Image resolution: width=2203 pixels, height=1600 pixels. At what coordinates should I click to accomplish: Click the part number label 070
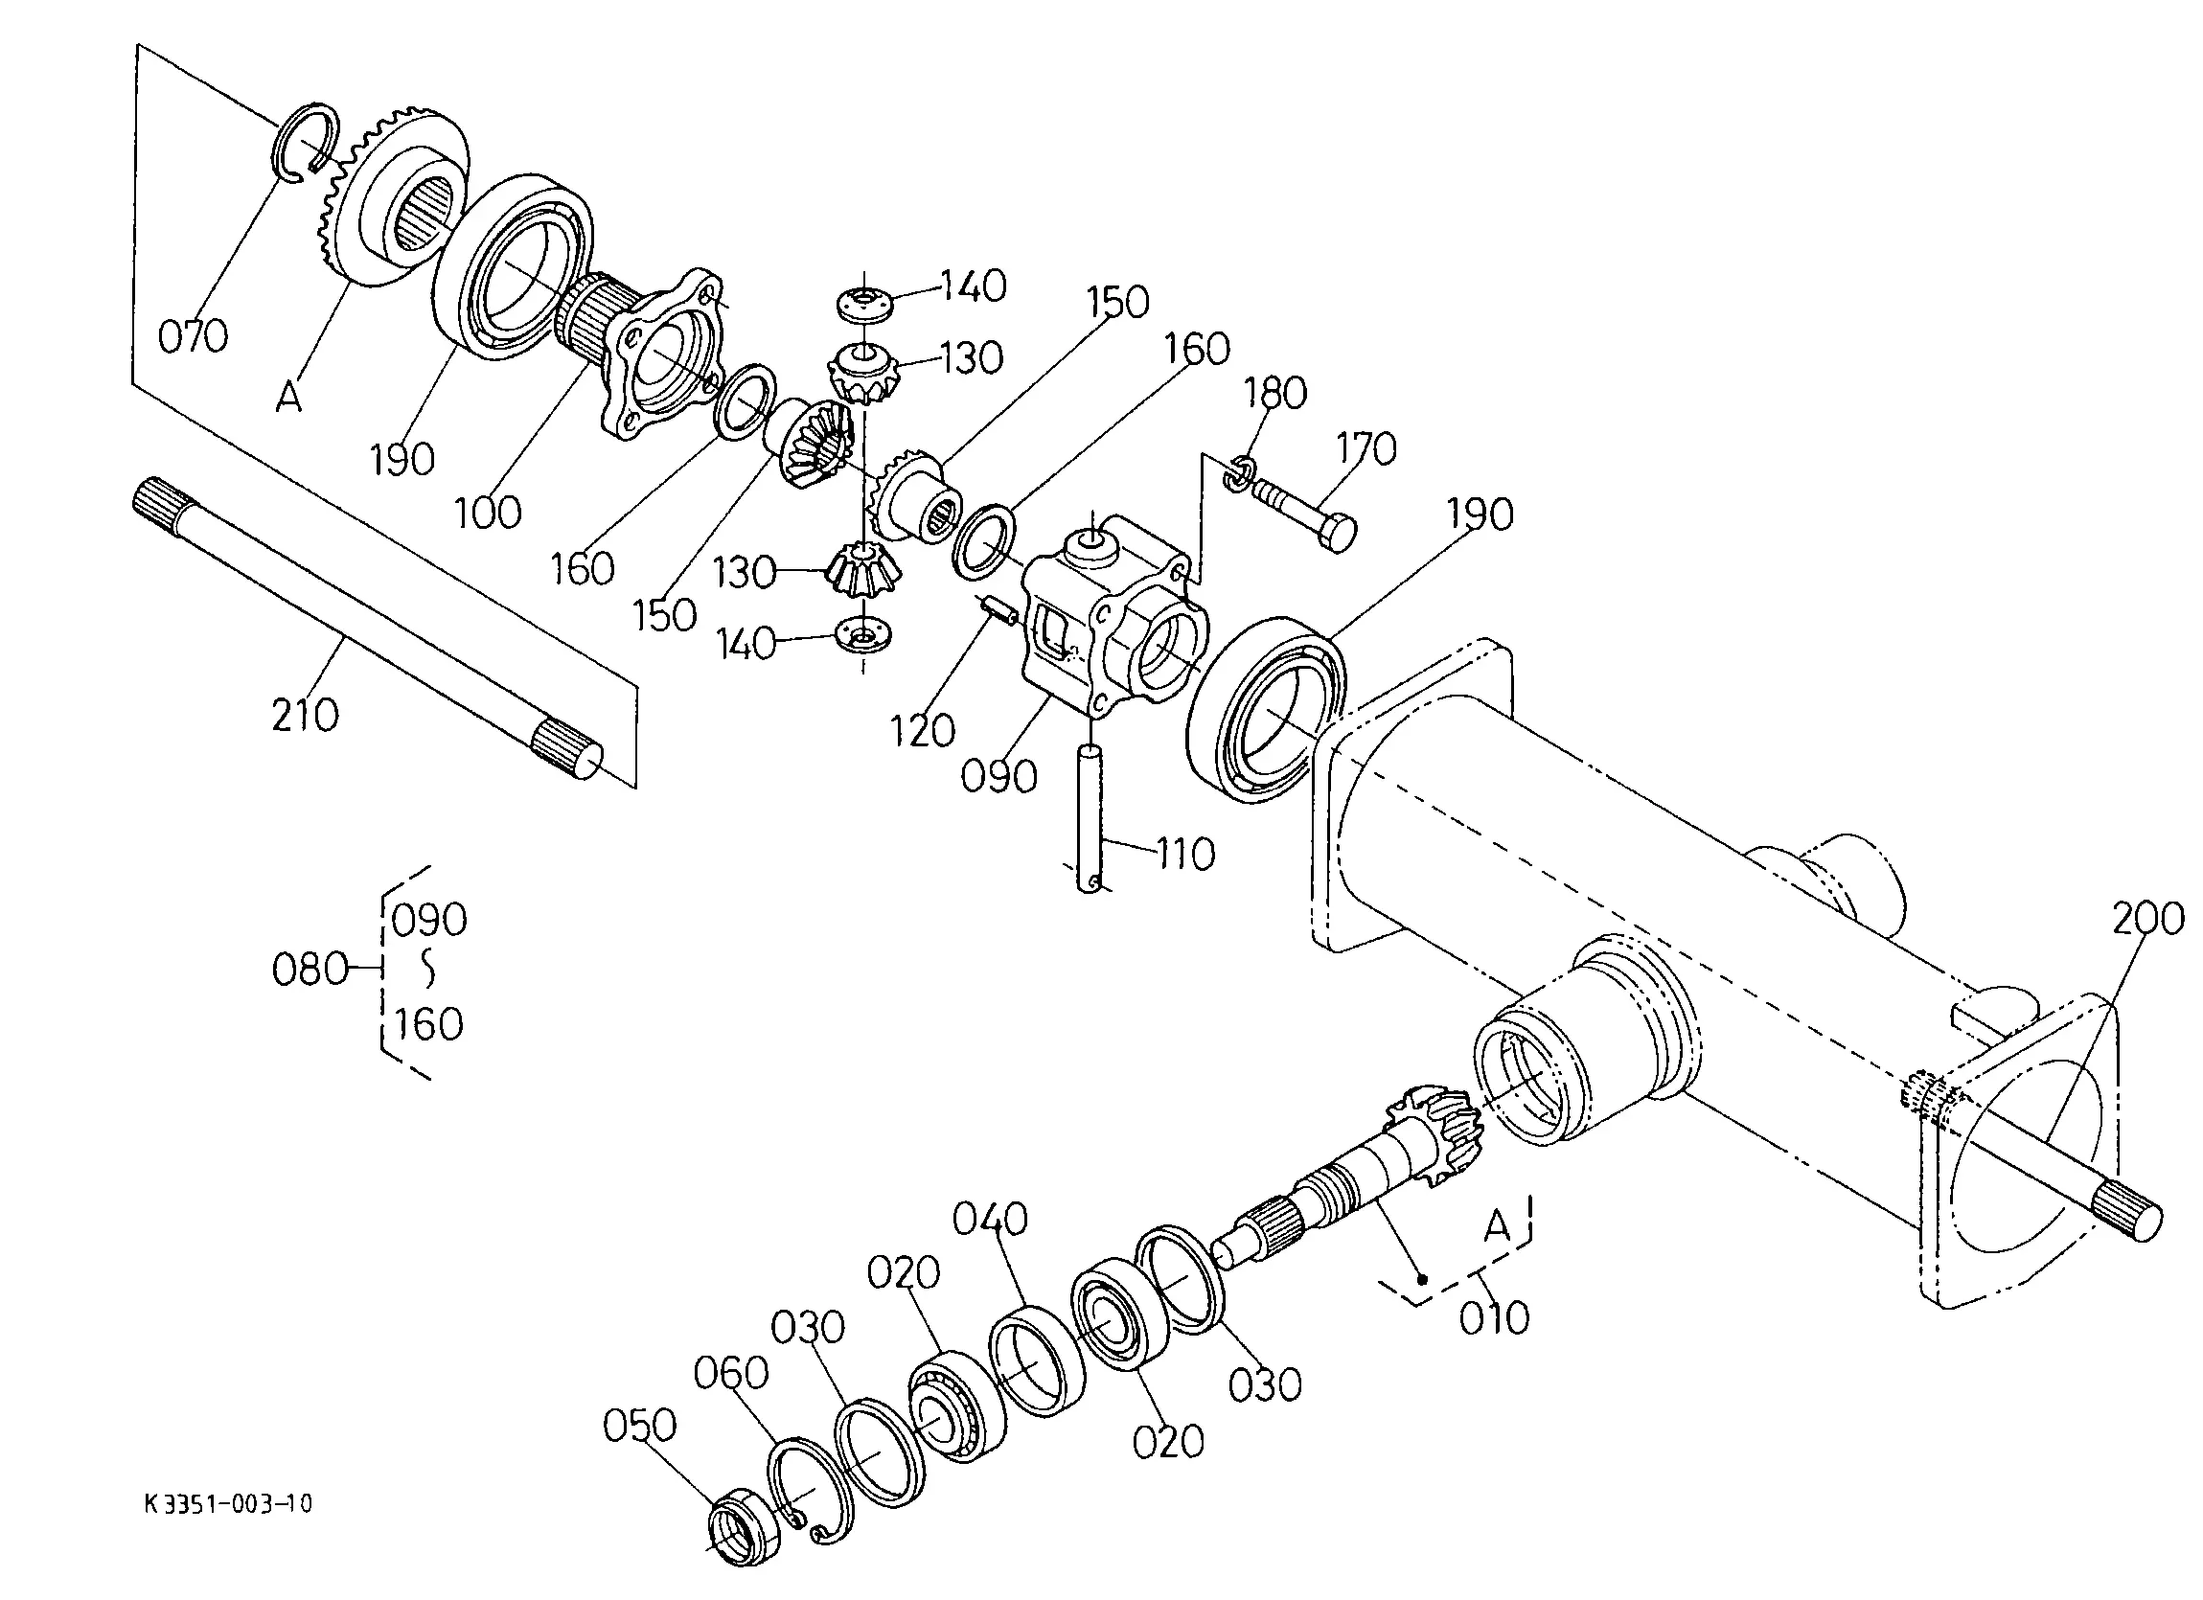coord(194,336)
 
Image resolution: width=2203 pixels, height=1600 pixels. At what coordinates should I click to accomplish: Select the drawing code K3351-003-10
coord(229,1505)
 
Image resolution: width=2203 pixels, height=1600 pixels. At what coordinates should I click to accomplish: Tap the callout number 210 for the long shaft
coord(305,716)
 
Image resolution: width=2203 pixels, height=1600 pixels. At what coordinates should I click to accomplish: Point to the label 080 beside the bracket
coord(310,970)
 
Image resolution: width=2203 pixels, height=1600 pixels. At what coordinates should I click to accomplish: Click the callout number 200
coord(2148,918)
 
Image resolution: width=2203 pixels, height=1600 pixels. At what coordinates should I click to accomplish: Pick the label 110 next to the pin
coord(1186,855)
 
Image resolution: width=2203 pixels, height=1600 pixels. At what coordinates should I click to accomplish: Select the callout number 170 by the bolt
coord(1366,448)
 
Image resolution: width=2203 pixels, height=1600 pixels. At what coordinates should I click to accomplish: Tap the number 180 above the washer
coord(1275,394)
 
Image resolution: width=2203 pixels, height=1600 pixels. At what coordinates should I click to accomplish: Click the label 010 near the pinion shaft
coord(1495,1318)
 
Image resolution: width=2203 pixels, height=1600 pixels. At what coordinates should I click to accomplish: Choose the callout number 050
coord(639,1427)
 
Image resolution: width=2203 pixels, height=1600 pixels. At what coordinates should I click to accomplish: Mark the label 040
coord(990,1220)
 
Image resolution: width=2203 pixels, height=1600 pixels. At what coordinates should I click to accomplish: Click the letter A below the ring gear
coord(289,397)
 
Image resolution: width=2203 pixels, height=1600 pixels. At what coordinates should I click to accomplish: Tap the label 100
coord(488,512)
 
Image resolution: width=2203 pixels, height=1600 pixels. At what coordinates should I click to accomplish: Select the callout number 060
coord(730,1374)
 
